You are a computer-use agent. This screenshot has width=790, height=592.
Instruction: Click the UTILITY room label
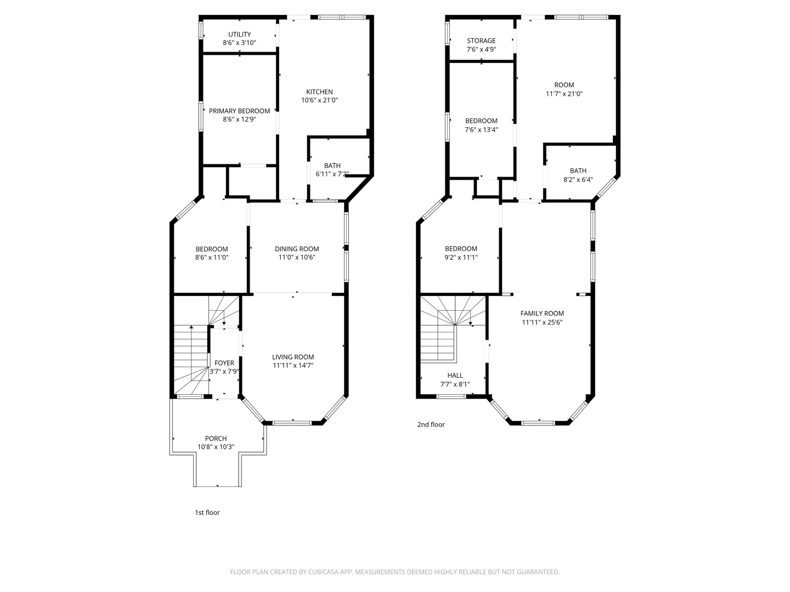click(x=239, y=35)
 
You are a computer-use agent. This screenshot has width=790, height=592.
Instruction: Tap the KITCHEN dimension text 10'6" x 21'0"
click(x=319, y=100)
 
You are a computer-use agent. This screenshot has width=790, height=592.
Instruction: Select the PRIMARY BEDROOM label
click(x=239, y=111)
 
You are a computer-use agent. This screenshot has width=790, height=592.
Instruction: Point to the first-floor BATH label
click(x=332, y=166)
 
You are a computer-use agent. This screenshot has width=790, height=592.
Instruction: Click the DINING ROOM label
click(x=297, y=249)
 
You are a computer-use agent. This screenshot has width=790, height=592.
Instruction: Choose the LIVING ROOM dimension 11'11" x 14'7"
click(x=293, y=366)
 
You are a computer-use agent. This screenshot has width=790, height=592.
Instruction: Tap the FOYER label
click(x=224, y=363)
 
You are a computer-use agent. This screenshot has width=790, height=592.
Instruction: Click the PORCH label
click(x=216, y=439)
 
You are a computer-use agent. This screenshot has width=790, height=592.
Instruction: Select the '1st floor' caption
click(x=207, y=513)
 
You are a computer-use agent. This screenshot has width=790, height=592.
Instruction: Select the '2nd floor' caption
click(x=431, y=424)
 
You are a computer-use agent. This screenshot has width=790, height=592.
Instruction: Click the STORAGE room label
click(x=481, y=41)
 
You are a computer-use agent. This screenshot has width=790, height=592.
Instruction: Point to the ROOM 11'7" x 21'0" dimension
click(x=564, y=94)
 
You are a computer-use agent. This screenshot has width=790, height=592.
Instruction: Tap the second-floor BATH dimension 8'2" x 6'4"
click(x=578, y=180)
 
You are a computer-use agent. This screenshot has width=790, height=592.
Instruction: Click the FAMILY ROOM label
click(x=542, y=314)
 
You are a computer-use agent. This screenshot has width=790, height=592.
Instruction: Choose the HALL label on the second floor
click(x=455, y=375)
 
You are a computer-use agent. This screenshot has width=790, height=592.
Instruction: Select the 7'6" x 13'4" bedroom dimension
click(x=481, y=130)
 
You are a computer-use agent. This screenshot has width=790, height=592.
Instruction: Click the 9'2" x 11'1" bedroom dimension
click(x=461, y=257)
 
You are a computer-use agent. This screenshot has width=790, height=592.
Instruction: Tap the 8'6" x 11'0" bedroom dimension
click(x=212, y=257)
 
